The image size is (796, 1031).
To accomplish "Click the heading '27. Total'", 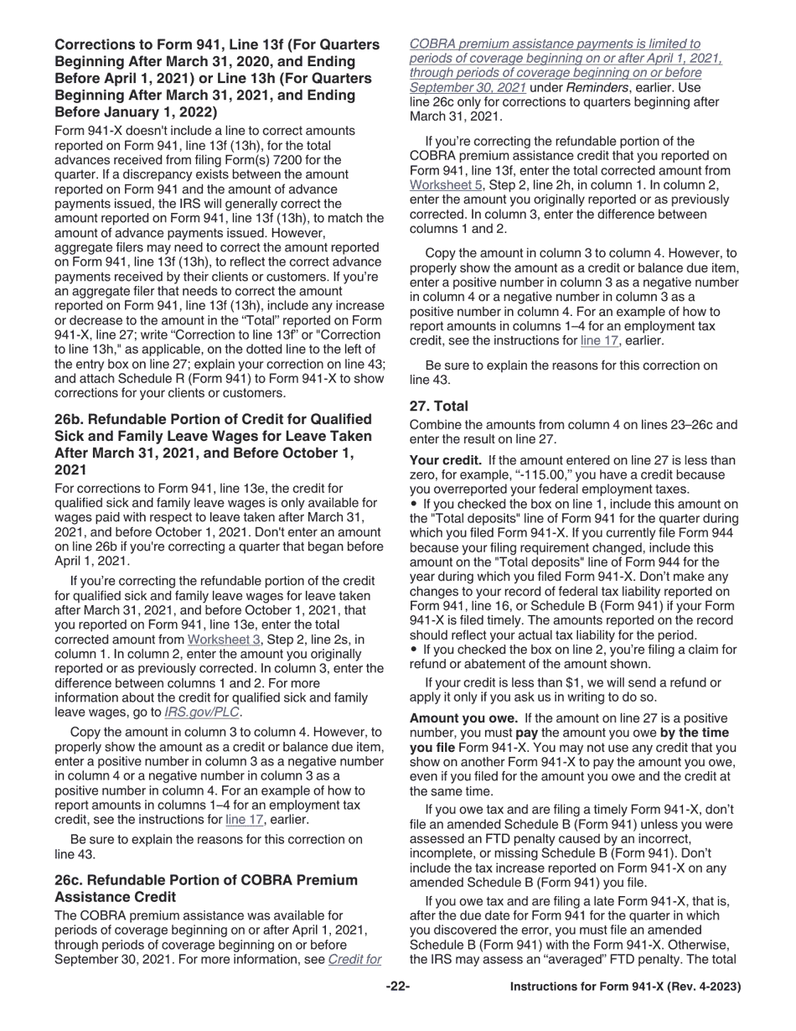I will click(x=439, y=406).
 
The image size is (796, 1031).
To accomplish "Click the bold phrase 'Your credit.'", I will click(x=446, y=460).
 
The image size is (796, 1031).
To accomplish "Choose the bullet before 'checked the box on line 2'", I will click(x=413, y=650).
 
